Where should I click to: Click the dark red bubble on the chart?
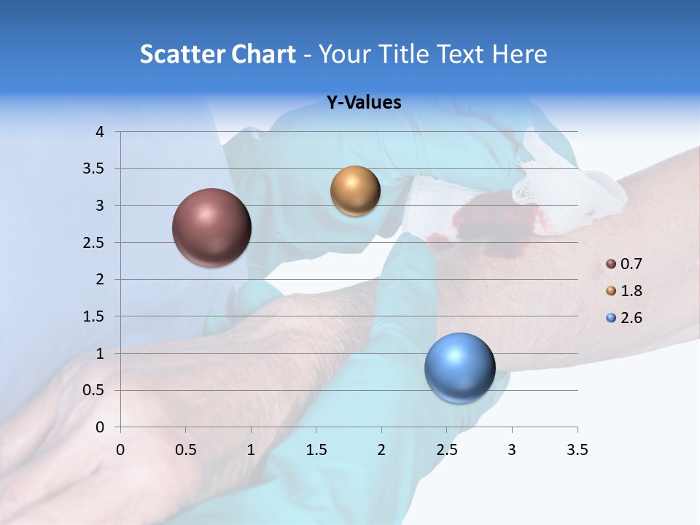[x=212, y=227]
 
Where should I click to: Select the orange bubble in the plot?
[x=355, y=191]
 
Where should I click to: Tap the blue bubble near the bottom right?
[x=459, y=368]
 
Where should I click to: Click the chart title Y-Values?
[x=363, y=103]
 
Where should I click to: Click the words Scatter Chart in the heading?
[x=217, y=54]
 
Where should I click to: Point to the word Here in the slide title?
[x=519, y=54]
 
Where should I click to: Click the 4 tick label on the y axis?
[x=100, y=132]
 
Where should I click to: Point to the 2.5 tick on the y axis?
[x=93, y=242]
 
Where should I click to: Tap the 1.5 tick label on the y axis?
[x=93, y=316]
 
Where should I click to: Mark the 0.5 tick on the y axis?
[x=93, y=390]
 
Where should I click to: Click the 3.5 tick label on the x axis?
[x=577, y=450]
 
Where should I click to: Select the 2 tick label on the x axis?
[x=381, y=450]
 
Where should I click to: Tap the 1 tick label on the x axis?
[x=251, y=450]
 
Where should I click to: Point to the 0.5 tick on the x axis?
[x=186, y=450]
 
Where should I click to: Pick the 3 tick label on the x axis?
[x=512, y=450]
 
